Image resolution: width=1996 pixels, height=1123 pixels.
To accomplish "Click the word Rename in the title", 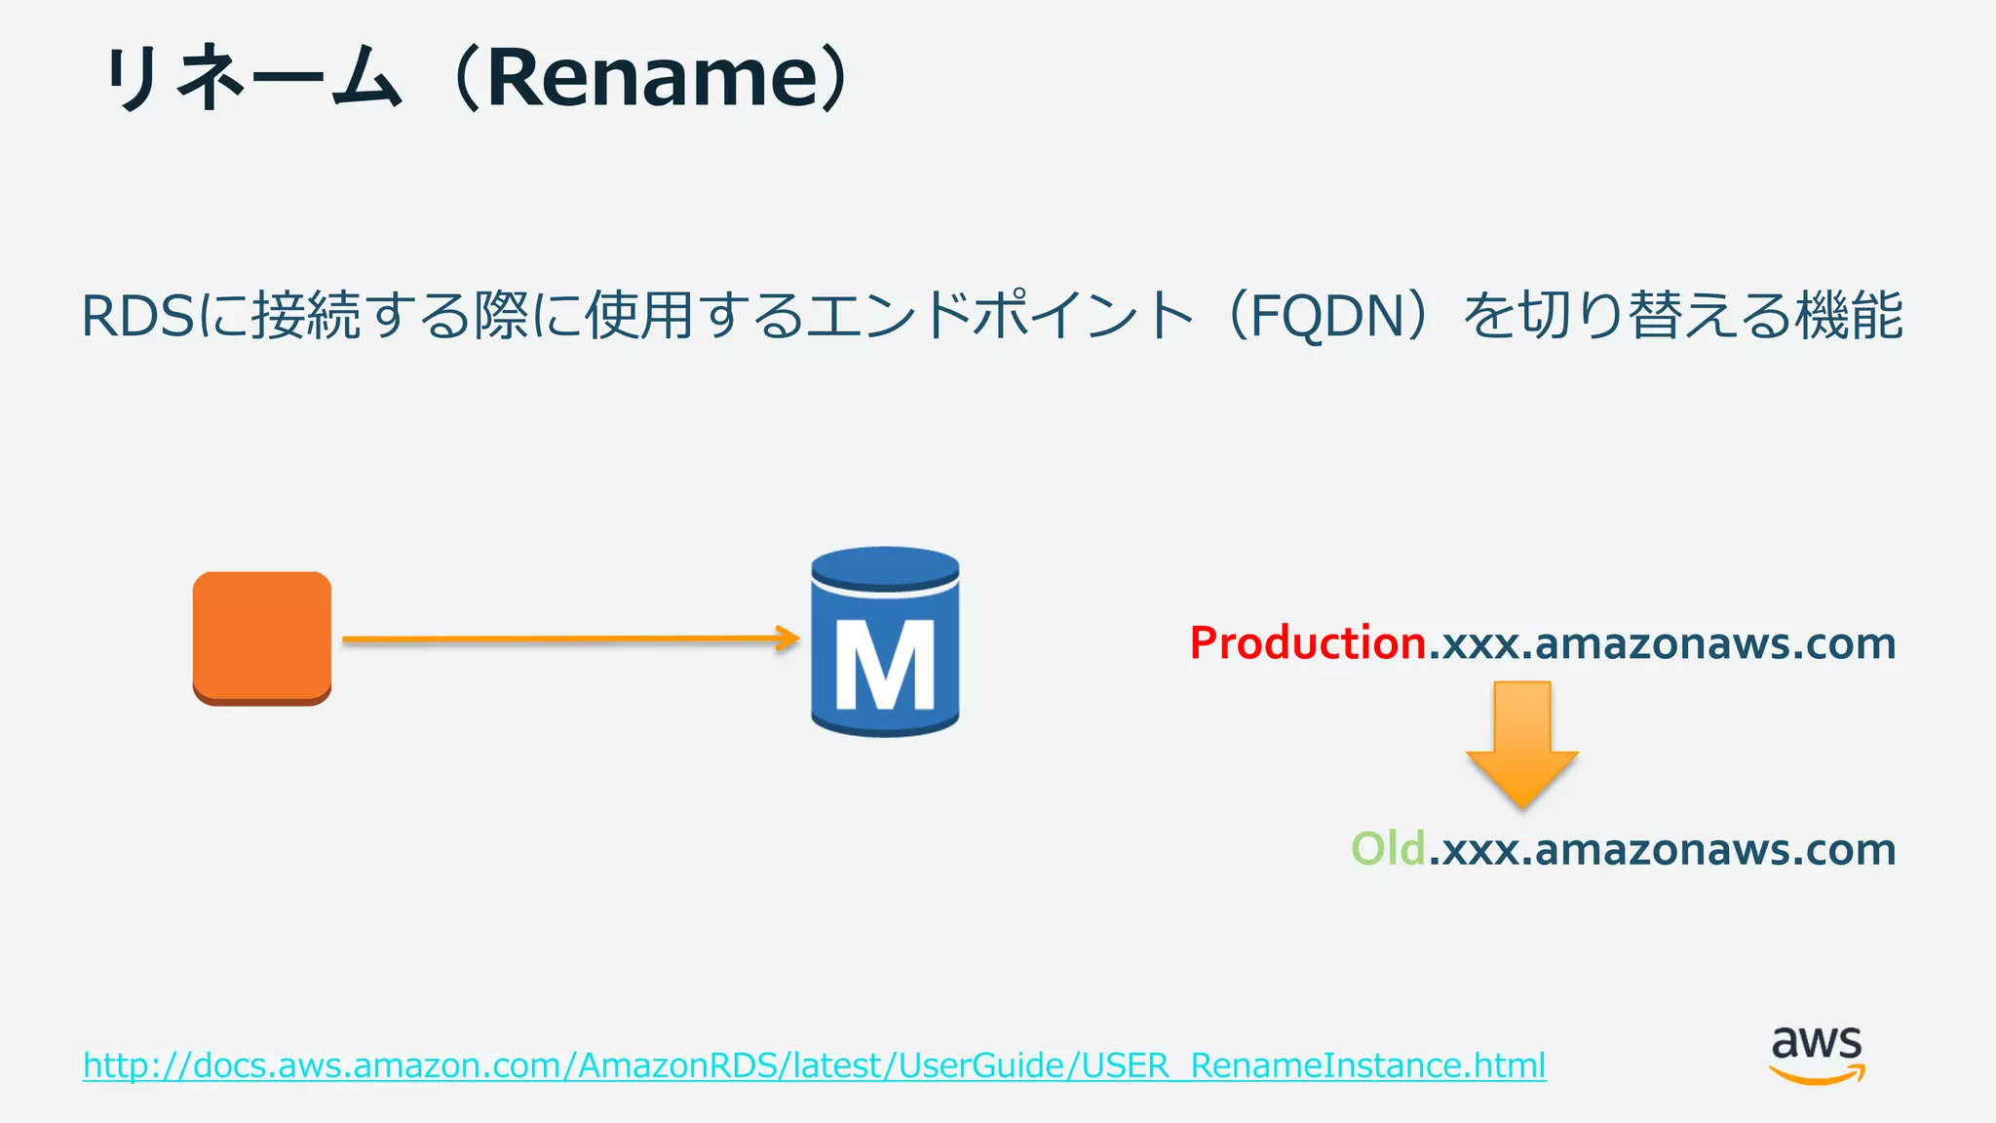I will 648,78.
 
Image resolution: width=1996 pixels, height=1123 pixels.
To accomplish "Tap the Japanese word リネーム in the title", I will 253,78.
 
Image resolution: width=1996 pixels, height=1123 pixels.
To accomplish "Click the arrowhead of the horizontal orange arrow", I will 787,639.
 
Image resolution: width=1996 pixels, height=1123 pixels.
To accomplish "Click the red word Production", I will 1308,643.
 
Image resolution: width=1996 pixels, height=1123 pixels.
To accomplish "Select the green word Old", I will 1388,849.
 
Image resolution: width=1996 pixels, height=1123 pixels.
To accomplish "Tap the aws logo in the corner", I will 1817,1053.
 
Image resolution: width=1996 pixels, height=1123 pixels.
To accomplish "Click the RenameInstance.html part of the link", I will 1367,1065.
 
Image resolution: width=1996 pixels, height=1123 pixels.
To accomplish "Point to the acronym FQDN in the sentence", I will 1326,316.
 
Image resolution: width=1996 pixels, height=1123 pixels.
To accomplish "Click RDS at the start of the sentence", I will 137,317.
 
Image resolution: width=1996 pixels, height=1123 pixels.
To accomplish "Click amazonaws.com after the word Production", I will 1715,643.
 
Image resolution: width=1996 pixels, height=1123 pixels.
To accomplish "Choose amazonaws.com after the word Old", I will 1715,849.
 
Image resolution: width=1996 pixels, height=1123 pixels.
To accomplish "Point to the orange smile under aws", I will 1817,1075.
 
